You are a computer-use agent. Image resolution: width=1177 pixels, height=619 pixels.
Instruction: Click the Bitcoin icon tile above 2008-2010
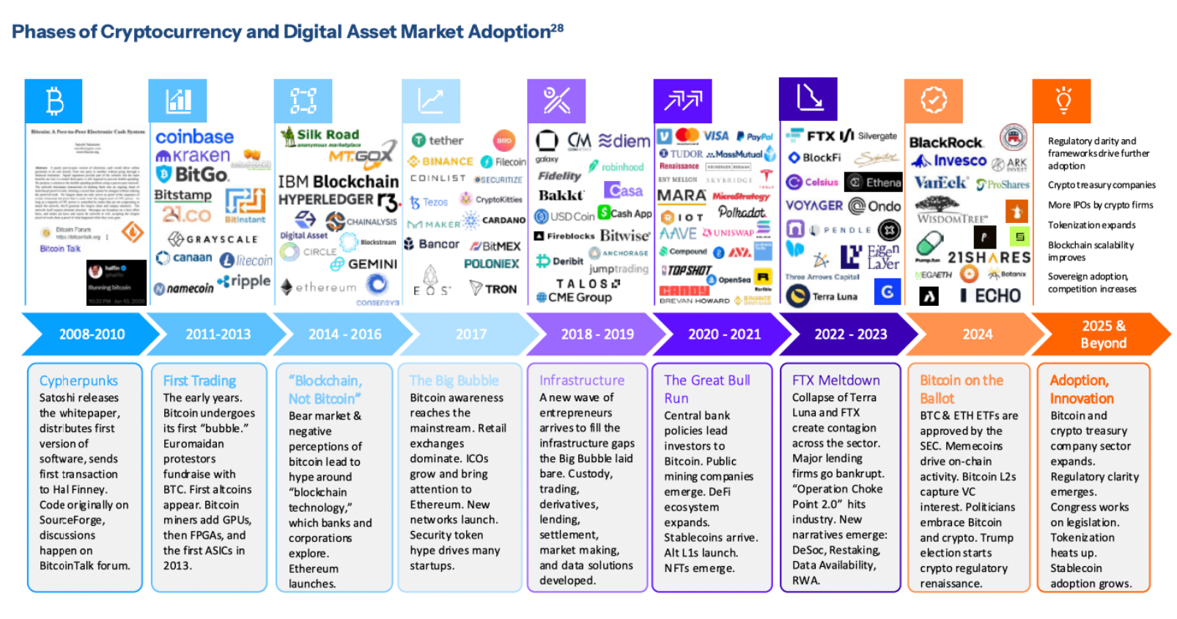point(53,100)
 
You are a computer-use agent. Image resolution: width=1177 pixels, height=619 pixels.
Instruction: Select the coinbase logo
point(194,136)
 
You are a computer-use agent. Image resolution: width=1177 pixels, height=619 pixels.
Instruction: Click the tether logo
point(438,140)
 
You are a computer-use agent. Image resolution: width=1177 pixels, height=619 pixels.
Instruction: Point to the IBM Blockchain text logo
point(338,180)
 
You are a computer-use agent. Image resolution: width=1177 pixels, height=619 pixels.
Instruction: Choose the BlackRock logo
point(945,142)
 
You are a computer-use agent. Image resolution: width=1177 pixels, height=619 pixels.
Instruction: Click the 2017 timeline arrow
point(471,334)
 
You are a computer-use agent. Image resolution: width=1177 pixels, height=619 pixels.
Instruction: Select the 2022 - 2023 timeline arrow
point(850,334)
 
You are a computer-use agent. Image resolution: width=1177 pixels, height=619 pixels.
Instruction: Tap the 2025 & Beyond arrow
point(1102,334)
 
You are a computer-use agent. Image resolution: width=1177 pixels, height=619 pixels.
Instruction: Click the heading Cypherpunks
point(78,381)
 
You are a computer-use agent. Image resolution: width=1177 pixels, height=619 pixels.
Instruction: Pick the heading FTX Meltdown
point(835,380)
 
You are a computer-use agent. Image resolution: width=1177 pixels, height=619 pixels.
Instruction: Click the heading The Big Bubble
point(454,380)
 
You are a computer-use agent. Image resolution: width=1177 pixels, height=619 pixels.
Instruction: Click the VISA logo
point(715,136)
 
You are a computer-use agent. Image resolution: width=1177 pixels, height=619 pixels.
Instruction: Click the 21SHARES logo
point(989,257)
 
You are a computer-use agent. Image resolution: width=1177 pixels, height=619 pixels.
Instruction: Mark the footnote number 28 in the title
point(557,28)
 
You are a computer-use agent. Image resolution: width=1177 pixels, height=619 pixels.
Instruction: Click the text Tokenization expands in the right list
point(1091,225)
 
